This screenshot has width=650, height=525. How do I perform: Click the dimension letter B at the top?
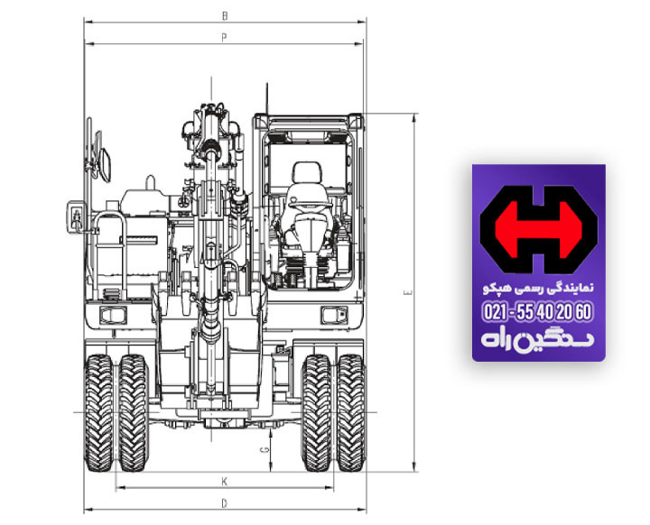[224, 15]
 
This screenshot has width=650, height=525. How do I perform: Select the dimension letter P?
[223, 37]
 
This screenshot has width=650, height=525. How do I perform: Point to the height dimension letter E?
[407, 293]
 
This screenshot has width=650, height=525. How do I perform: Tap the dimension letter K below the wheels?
[224, 482]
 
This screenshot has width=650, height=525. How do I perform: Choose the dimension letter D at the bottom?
[224, 502]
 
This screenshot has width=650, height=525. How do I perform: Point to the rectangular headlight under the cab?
[335, 313]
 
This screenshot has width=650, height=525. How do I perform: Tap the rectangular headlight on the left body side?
[113, 313]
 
